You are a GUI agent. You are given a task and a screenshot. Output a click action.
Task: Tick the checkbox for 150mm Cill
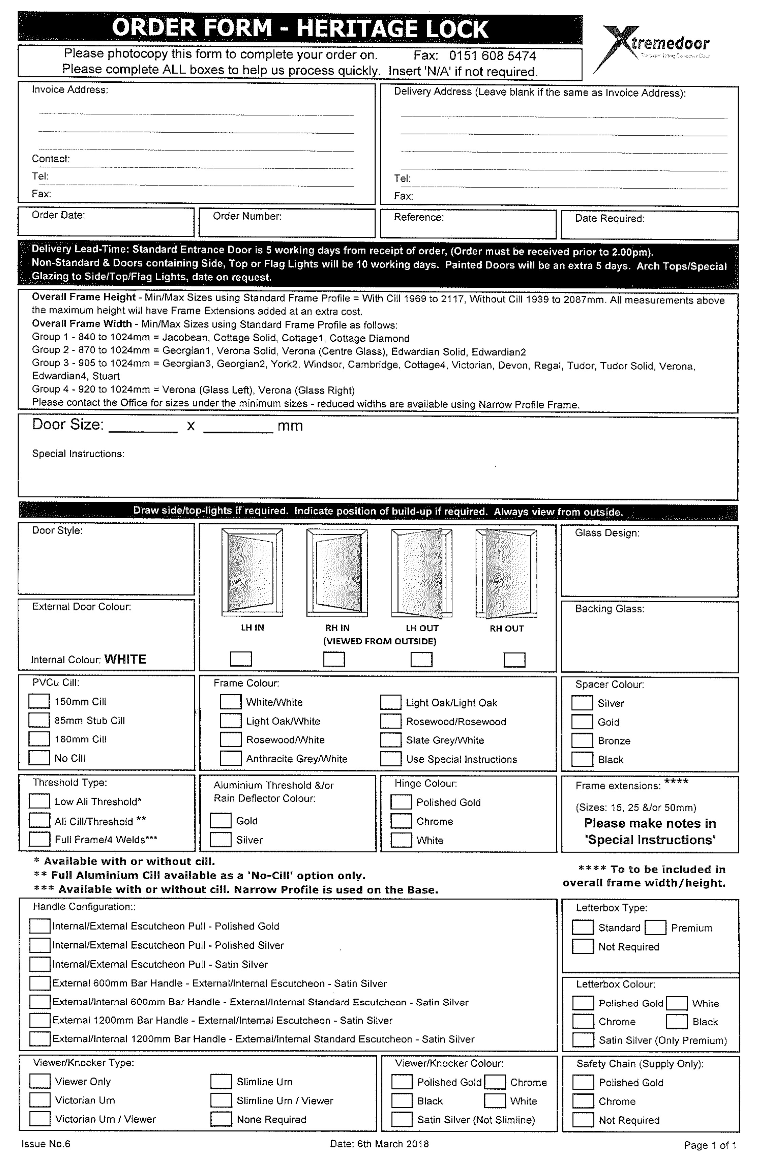[39, 701]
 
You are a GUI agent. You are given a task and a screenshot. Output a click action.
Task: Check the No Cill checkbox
[39, 758]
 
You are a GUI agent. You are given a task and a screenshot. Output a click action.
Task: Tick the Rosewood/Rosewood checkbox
[391, 721]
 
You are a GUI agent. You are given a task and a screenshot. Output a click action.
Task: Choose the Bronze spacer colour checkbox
[582, 740]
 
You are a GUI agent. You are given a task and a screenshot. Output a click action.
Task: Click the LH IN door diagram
[252, 572]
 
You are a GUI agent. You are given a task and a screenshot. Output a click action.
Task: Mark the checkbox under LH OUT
[421, 659]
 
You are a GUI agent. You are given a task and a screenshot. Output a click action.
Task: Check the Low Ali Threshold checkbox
[39, 801]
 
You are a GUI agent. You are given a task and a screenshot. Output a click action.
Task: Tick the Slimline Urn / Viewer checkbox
[221, 1100]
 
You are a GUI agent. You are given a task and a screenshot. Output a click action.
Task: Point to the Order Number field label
[247, 216]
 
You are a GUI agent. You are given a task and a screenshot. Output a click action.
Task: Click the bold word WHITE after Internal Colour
[125, 659]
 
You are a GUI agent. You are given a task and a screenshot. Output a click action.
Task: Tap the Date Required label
[610, 218]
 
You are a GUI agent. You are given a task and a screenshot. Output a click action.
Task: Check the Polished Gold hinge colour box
[401, 802]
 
